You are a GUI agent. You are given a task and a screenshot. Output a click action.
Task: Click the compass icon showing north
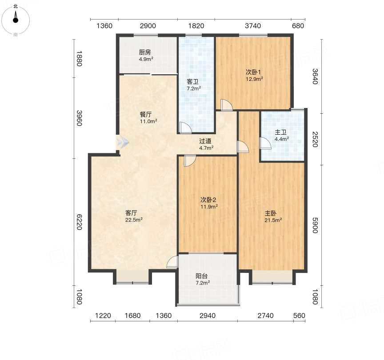tap(16, 20)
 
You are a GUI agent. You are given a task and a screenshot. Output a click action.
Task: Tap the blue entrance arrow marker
tap(123, 142)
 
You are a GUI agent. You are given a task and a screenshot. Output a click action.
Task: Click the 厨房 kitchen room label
tap(145, 52)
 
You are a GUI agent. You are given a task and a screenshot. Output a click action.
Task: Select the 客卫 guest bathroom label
tap(192, 82)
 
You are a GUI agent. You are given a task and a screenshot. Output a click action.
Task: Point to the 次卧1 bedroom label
tap(253, 72)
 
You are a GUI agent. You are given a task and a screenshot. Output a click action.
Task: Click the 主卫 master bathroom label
tap(280, 132)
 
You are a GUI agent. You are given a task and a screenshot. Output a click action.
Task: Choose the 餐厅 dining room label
tap(146, 114)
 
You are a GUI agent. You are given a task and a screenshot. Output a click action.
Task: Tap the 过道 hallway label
tap(205, 141)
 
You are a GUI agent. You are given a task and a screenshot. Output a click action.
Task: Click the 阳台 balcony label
tap(201, 276)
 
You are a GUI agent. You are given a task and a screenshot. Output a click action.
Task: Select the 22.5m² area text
tap(134, 220)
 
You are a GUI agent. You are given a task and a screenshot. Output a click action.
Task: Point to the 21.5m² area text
tap(273, 220)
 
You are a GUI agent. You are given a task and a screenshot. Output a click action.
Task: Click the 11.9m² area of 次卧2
tap(209, 207)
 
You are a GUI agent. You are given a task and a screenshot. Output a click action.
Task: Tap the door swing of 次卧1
tap(227, 105)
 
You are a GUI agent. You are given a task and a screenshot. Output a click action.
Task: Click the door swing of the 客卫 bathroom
tap(186, 128)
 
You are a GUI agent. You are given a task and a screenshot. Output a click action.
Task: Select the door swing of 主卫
tap(265, 143)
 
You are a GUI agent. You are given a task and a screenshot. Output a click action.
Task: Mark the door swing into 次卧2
tap(190, 161)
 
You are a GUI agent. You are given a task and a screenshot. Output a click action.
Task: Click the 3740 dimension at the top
tap(253, 26)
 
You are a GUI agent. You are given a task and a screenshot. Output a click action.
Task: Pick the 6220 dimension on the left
tap(79, 222)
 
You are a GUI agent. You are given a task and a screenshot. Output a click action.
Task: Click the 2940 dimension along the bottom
tap(208, 316)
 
